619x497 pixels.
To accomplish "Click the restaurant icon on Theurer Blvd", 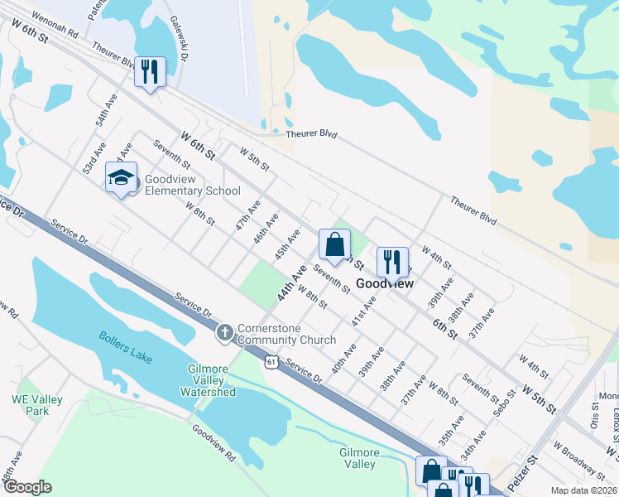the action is (x=151, y=71).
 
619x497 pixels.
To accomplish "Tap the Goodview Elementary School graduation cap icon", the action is (x=122, y=178).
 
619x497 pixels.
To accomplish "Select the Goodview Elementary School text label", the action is (x=192, y=185).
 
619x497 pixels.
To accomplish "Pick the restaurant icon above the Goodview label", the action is (x=392, y=262).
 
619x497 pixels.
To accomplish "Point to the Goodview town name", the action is (x=385, y=283).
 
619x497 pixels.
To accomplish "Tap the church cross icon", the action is (x=224, y=333).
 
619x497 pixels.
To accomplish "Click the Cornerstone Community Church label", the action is (x=286, y=334).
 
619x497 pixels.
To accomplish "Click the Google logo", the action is (x=26, y=487).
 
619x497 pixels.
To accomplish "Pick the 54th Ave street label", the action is (x=106, y=109).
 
